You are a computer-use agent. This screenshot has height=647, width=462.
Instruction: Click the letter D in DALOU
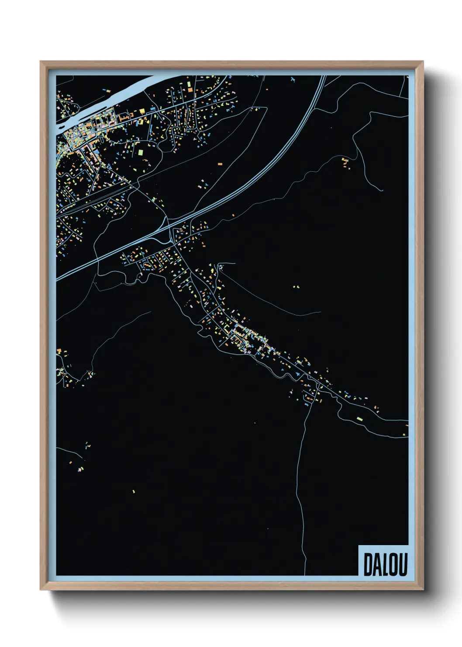tap(368, 564)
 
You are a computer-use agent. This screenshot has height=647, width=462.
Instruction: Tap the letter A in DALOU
tap(377, 564)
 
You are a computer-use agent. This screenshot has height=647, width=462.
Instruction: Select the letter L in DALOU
tap(385, 564)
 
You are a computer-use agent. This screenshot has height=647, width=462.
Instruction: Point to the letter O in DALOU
tap(393, 564)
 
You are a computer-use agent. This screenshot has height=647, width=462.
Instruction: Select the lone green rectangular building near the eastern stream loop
tap(359, 419)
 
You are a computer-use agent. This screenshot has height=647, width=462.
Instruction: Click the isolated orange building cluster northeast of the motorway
tap(346, 162)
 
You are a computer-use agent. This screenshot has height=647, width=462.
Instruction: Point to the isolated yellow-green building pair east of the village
tap(296, 287)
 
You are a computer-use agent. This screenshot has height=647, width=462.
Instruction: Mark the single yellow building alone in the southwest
tap(134, 492)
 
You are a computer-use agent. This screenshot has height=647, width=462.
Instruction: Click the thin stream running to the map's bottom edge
tap(301, 503)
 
